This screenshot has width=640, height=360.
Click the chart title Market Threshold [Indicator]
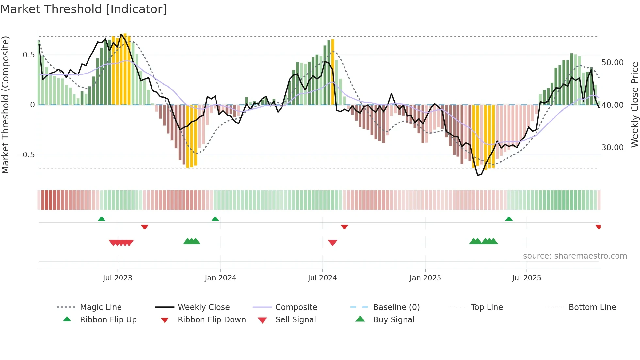[84, 9]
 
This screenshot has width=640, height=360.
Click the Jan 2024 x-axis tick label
[220, 278]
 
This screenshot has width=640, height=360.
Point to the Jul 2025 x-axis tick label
[526, 278]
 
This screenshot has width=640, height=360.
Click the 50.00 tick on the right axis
[612, 63]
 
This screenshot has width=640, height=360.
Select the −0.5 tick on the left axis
[25, 155]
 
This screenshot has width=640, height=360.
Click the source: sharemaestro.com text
[575, 256]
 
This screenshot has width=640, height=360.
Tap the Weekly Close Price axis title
[634, 105]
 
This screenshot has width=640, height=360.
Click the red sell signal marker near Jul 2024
[332, 243]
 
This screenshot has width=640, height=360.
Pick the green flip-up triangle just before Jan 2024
[215, 219]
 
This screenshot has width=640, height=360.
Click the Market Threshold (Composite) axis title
[5, 105]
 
